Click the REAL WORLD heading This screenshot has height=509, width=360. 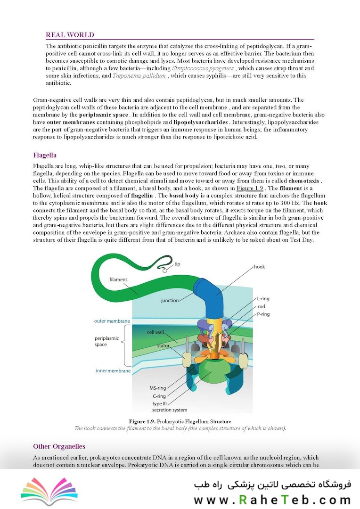click(x=70, y=35)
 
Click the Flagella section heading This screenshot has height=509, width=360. click(x=45, y=155)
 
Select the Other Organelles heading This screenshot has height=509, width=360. click(x=59, y=446)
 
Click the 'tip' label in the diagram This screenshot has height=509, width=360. click(x=177, y=264)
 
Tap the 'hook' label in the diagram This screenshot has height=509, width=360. click(x=259, y=267)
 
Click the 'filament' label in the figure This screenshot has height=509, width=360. click(x=118, y=279)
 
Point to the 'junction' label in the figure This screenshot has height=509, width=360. click(x=170, y=300)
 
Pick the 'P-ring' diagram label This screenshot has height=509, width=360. click(x=264, y=315)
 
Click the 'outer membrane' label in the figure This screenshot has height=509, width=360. click(x=112, y=321)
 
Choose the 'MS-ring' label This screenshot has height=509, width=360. click(x=159, y=388)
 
